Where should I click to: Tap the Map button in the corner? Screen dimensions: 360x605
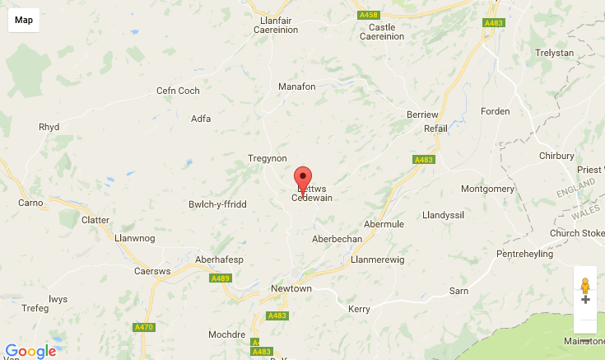click(x=24, y=21)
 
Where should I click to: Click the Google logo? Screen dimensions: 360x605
click(x=30, y=351)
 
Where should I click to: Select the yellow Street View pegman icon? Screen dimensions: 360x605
click(x=585, y=287)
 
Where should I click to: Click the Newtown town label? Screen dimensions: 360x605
click(x=291, y=289)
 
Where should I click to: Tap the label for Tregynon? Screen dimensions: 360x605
click(x=268, y=158)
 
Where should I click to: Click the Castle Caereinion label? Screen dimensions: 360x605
click(x=382, y=31)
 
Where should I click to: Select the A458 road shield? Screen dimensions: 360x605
click(x=368, y=15)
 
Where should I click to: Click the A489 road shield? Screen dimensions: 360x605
click(x=221, y=278)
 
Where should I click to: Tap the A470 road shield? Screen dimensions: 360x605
click(x=143, y=327)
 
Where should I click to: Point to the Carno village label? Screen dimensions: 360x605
click(x=31, y=203)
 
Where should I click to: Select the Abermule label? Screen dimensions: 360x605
click(x=384, y=224)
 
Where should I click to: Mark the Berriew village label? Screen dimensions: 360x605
click(x=424, y=115)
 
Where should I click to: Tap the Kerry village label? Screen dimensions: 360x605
click(x=360, y=309)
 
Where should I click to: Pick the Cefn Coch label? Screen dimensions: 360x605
click(x=178, y=91)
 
